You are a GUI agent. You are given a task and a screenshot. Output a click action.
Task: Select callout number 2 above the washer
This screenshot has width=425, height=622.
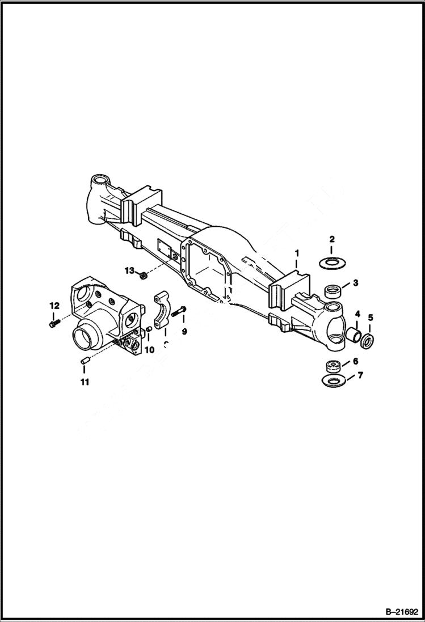pyautogui.click(x=332, y=239)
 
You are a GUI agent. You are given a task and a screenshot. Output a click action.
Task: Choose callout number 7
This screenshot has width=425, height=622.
pyautogui.click(x=360, y=375)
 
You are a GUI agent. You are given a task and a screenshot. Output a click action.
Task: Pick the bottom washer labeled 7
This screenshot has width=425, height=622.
pyautogui.click(x=333, y=380)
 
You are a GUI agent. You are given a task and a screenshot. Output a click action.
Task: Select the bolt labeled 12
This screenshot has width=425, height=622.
pyautogui.click(x=53, y=324)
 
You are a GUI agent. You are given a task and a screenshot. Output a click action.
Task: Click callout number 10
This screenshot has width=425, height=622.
pyautogui.click(x=149, y=350)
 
